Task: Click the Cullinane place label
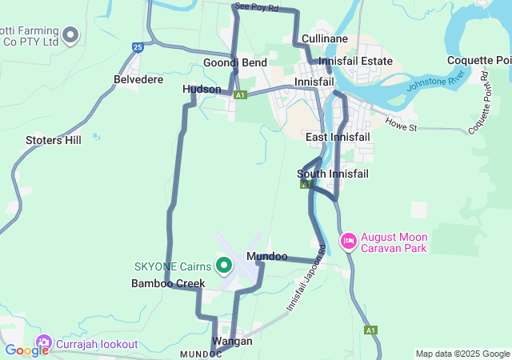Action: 324,38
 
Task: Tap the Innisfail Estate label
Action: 355,61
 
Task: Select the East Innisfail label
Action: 338,138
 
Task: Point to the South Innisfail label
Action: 331,174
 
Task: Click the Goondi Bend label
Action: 234,62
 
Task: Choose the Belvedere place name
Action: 138,80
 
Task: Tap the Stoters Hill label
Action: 54,140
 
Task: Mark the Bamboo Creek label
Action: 168,283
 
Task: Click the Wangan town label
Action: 232,341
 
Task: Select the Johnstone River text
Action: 435,82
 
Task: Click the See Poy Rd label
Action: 257,7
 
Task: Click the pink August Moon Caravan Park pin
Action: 349,241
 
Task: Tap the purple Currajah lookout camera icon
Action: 42,344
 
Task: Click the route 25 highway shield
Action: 138,48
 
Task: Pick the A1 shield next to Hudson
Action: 241,95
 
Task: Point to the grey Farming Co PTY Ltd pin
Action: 70,34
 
